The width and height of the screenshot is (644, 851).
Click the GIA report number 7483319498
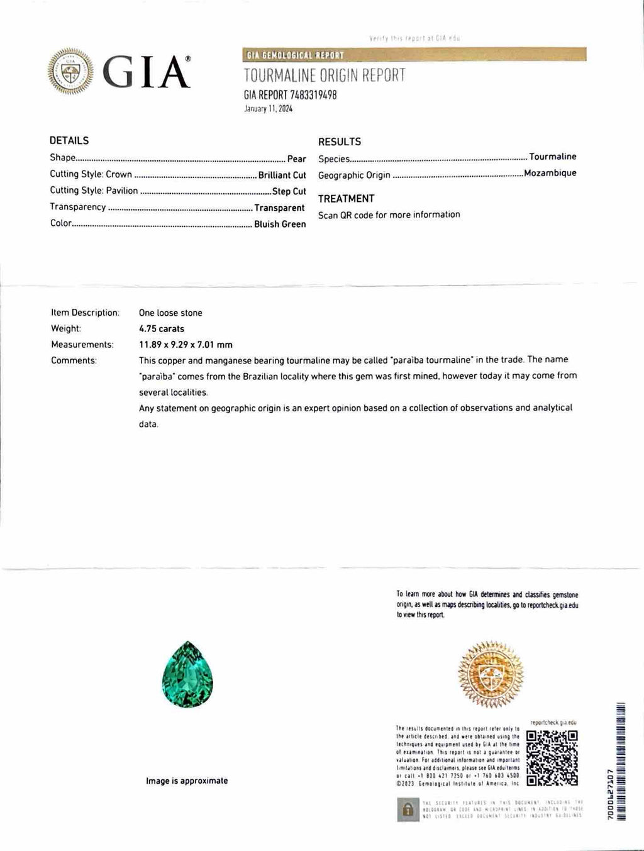tap(290, 95)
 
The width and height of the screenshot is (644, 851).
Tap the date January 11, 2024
tap(268, 108)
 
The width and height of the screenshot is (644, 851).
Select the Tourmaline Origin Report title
tap(325, 75)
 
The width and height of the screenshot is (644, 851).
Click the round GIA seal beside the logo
tap(70, 71)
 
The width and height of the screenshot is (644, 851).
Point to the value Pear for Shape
tap(296, 159)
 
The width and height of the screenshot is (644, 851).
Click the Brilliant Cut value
tap(282, 175)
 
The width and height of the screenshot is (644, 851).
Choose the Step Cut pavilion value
tap(289, 191)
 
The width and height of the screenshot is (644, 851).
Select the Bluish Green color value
tap(280, 224)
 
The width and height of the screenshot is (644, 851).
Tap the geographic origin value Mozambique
tap(550, 173)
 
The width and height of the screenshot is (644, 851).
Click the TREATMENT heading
tap(346, 199)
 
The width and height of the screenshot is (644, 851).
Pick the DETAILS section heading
tap(69, 140)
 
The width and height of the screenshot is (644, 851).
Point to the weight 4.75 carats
tap(162, 328)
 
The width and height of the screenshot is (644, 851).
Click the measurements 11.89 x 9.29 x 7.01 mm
tap(186, 345)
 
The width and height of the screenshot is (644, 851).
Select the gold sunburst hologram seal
tap(491, 673)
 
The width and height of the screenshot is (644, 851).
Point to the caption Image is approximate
tap(187, 781)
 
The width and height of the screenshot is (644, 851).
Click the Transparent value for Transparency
tap(280, 208)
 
